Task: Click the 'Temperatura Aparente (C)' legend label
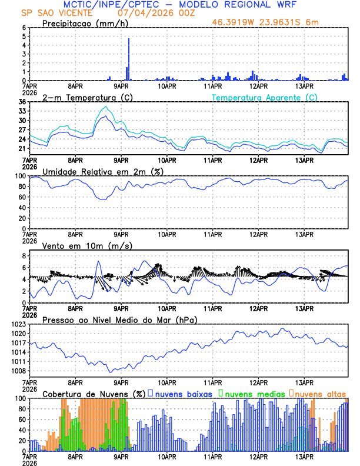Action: [x=265, y=97]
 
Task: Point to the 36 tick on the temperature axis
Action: [x=22, y=102]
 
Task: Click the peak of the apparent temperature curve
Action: [x=105, y=106]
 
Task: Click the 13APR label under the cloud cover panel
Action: [x=304, y=456]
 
